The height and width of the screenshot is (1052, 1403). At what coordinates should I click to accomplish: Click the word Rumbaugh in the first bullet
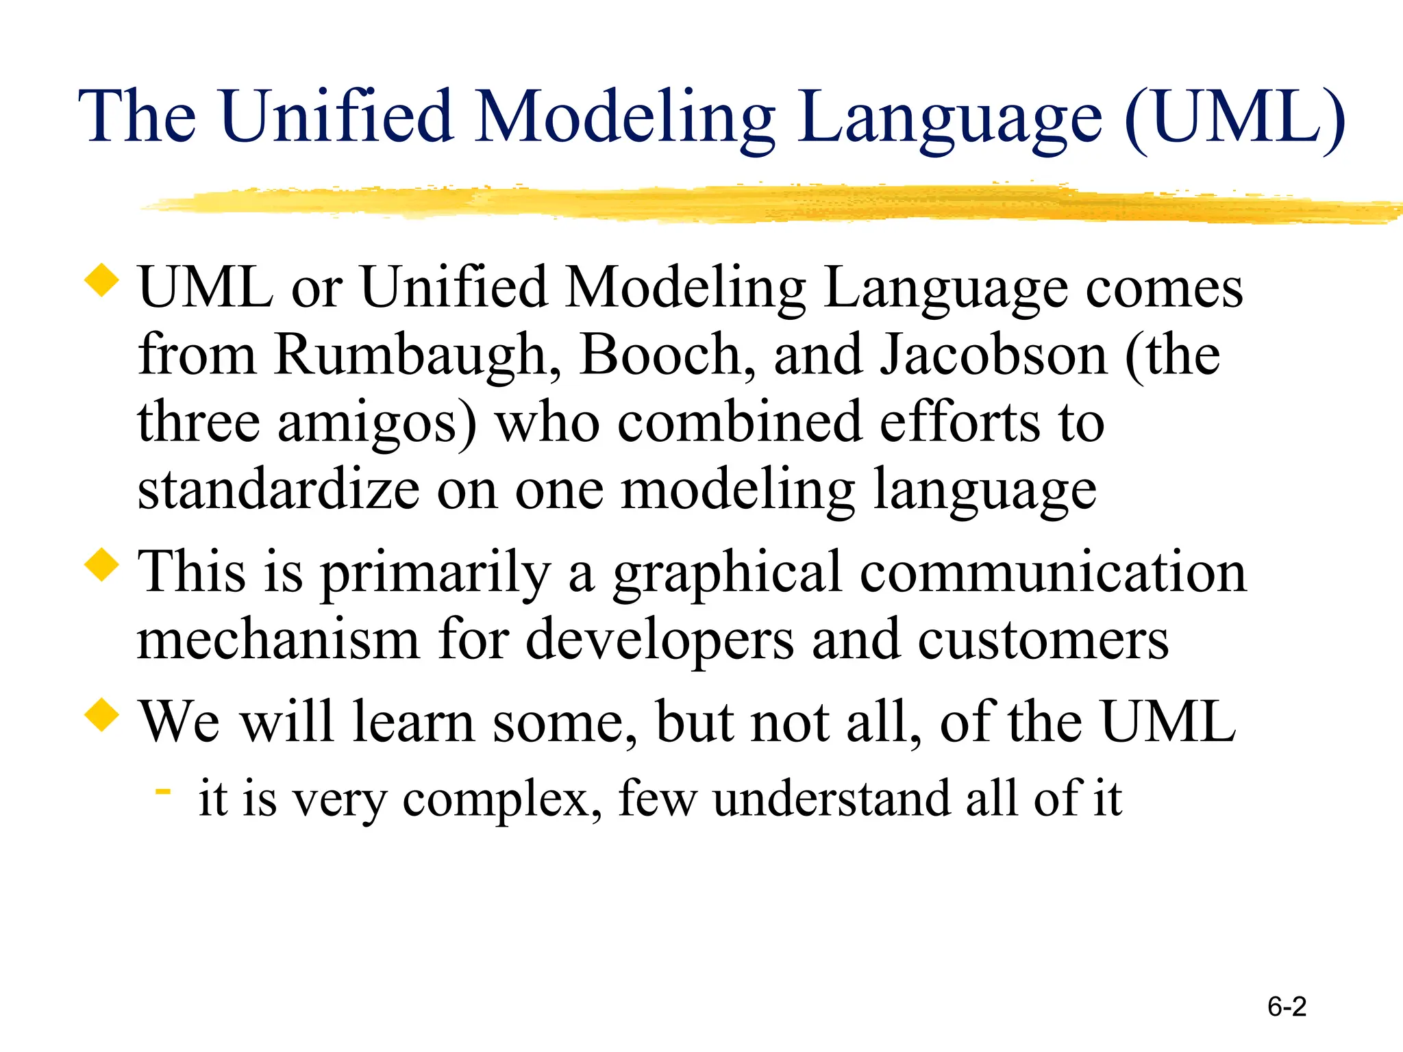point(417,356)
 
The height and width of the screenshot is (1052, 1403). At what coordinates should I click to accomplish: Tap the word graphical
point(726,574)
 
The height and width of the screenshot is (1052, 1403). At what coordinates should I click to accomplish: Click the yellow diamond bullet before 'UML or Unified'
point(101,281)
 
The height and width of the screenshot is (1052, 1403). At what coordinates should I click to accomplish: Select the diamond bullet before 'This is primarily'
point(101,565)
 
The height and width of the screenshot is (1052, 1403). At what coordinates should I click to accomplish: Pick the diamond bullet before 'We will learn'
point(101,714)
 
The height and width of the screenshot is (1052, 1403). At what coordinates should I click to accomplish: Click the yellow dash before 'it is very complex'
point(162,792)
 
